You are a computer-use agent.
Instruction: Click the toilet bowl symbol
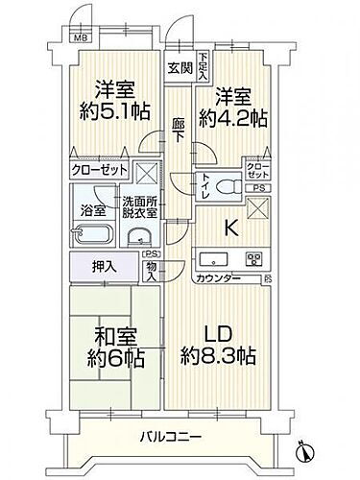(228, 187)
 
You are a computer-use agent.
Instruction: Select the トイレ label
(204, 188)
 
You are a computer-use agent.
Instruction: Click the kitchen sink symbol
(213, 259)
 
